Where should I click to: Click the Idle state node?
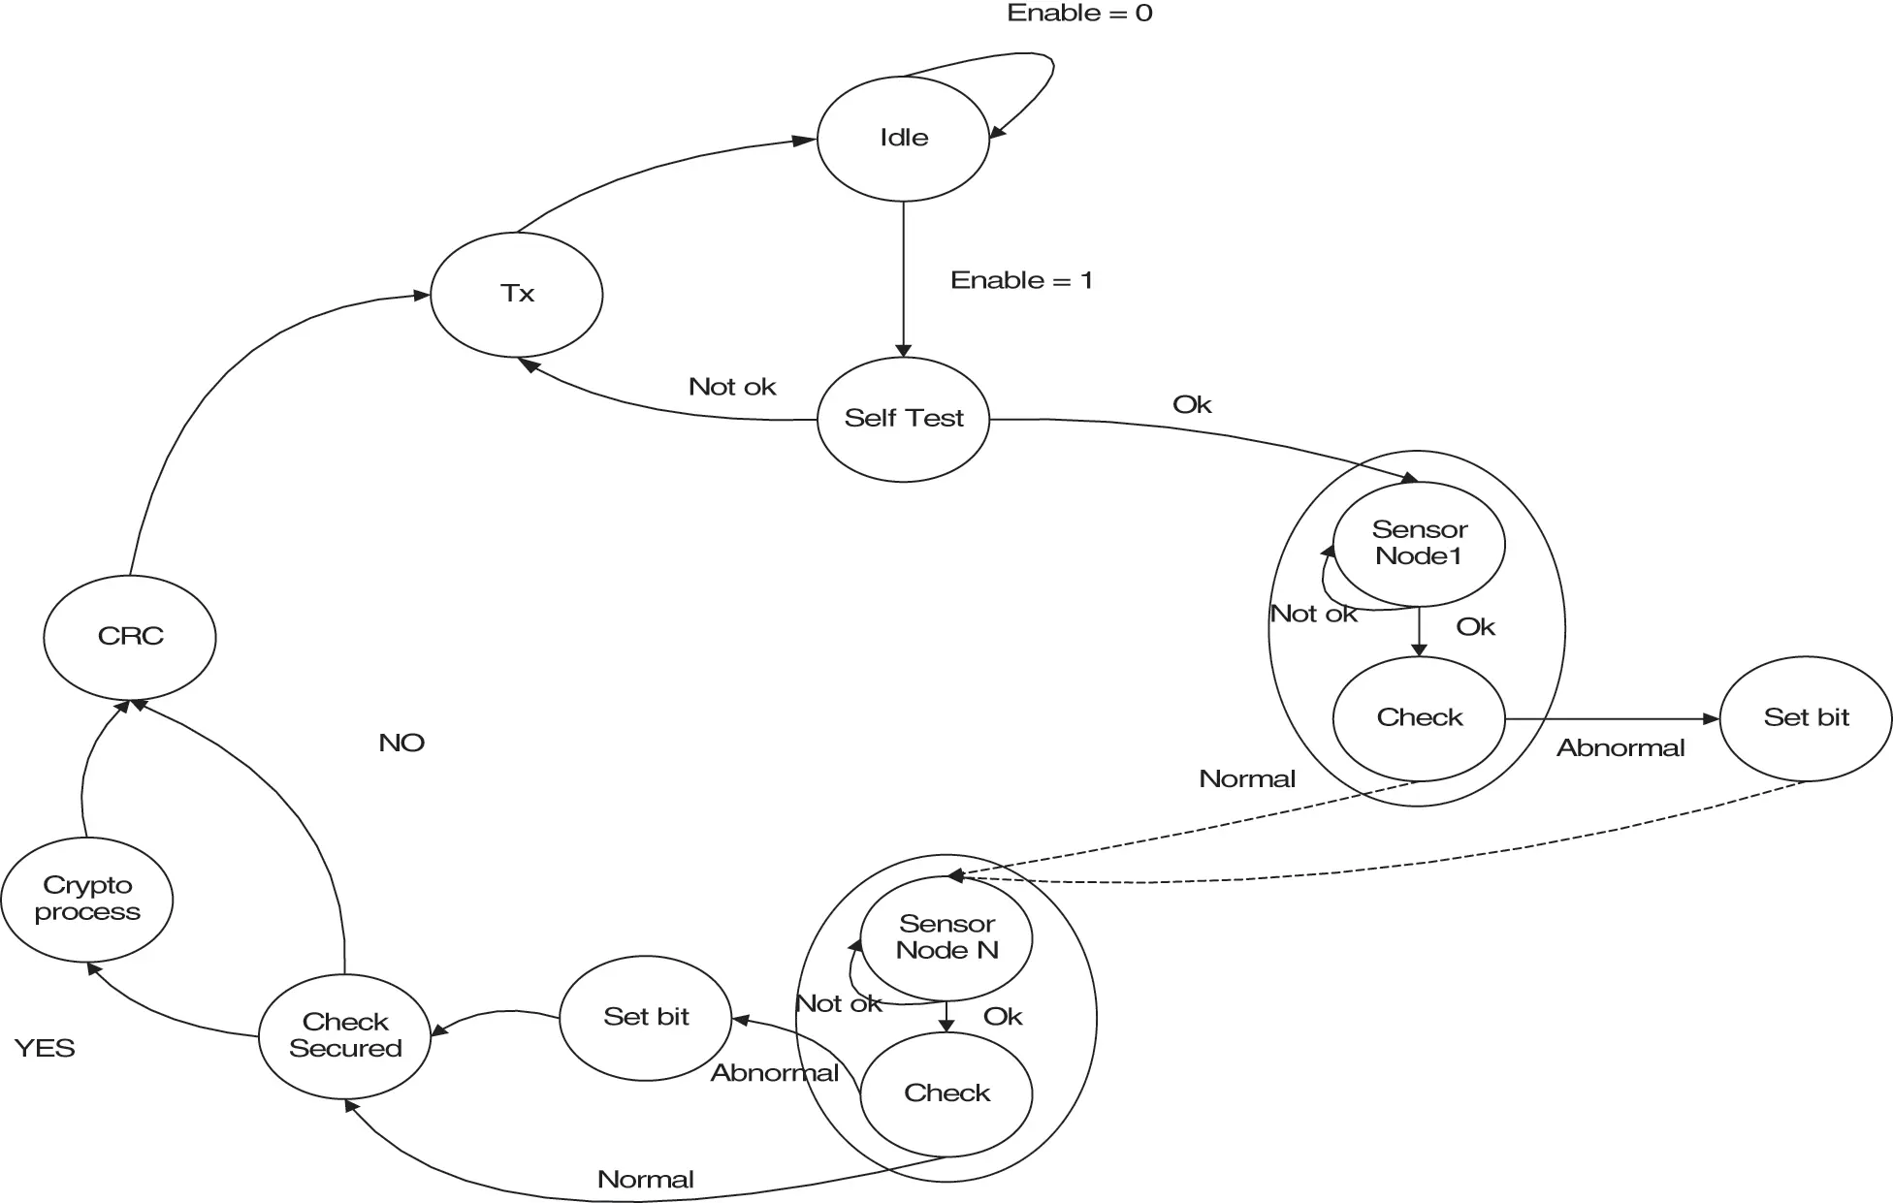[903, 139]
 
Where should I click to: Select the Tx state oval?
[517, 294]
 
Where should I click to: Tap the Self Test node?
[903, 419]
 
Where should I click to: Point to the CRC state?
[130, 637]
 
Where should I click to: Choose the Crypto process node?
[87, 900]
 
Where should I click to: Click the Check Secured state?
[345, 1036]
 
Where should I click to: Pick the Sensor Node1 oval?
[1419, 544]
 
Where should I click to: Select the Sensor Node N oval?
[946, 938]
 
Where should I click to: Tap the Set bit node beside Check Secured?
[646, 1018]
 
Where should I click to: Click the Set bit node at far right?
[1806, 718]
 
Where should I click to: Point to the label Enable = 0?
[1079, 14]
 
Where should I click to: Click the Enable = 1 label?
[1021, 280]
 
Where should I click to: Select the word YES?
[45, 1048]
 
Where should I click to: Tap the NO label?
[401, 743]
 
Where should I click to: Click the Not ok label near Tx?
[732, 387]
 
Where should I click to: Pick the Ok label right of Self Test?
[1192, 404]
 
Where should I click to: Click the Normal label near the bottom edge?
[646, 1180]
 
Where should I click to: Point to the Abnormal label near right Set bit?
[1620, 748]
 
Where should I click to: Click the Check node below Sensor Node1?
[1419, 718]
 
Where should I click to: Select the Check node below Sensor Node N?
[946, 1093]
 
